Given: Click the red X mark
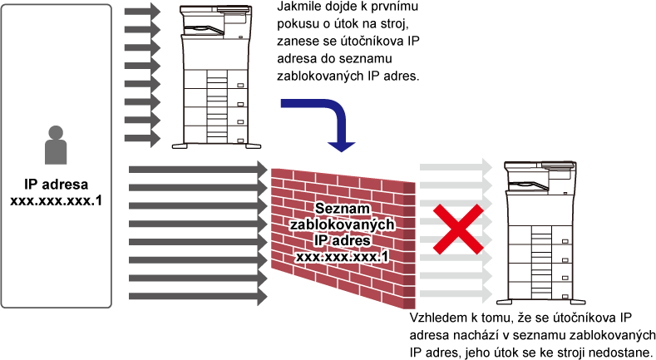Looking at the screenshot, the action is pos(458,229).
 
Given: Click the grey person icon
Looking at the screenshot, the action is pos(56,145).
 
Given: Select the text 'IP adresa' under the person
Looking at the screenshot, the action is pos(56,185).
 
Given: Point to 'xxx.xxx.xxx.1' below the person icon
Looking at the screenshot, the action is pos(56,200).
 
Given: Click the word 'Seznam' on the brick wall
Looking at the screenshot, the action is pos(343,208).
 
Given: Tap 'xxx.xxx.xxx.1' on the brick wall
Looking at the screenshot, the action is pos(343,256).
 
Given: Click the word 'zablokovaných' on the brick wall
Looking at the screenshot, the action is pos(343,224).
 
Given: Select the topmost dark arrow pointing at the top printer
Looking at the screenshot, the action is pos(143,12).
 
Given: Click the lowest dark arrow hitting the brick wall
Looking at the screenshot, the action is pos(198,296).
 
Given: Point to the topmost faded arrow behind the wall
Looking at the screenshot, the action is pos(456,167).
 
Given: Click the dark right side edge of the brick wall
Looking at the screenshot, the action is pos(409,246).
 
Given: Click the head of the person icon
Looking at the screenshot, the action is pos(56,132).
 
